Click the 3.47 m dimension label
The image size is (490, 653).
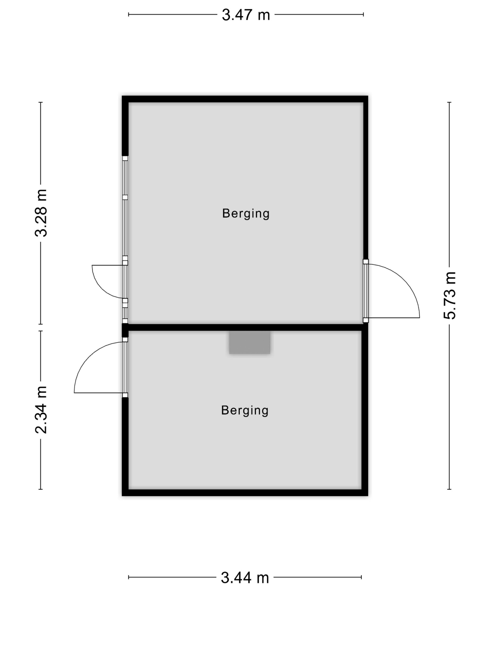point(246,15)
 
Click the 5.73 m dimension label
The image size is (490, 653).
point(450,295)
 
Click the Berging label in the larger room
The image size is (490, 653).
point(246,214)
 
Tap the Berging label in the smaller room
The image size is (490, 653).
point(245,410)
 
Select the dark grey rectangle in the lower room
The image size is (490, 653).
point(250,342)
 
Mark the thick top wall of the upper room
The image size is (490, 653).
point(245,99)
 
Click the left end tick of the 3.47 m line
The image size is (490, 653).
point(129,14)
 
